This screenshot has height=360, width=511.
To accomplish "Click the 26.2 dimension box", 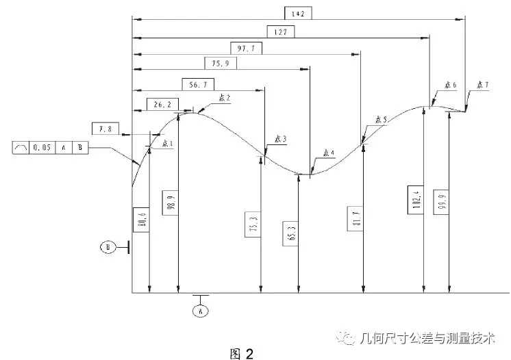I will click(x=162, y=104).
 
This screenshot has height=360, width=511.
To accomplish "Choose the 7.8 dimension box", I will click(x=105, y=128).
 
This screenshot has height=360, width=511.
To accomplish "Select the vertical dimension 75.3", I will click(x=253, y=224).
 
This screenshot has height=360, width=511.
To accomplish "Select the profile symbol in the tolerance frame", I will click(x=22, y=147).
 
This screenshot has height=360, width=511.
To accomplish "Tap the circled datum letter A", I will click(x=201, y=311).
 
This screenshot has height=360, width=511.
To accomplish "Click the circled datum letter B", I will click(x=108, y=248).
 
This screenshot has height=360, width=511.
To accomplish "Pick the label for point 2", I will click(x=223, y=98).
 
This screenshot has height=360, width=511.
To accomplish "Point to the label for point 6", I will click(x=449, y=85).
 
